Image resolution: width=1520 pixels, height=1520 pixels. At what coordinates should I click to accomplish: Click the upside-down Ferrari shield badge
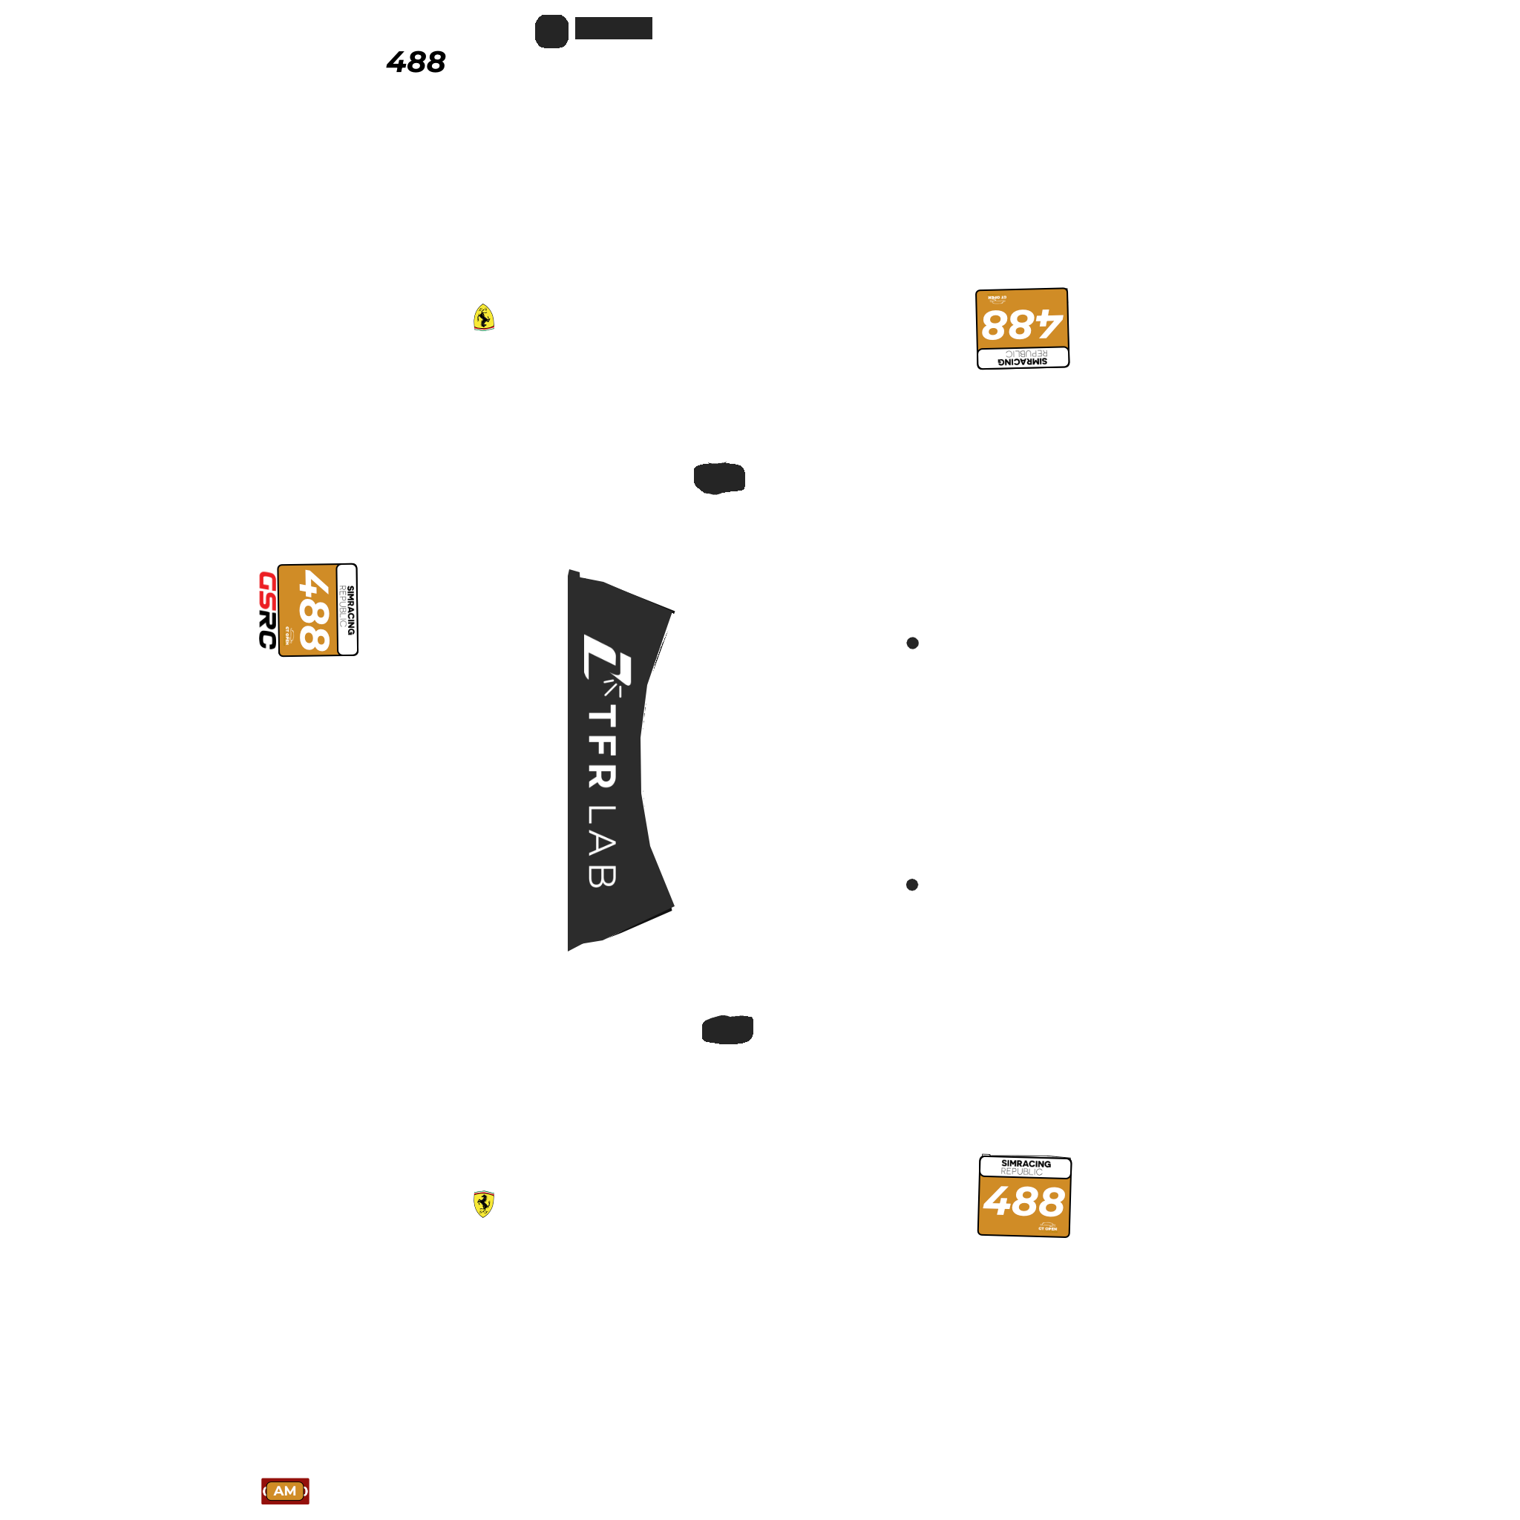point(484,317)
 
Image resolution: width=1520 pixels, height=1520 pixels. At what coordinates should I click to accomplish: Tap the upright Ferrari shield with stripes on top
point(484,1204)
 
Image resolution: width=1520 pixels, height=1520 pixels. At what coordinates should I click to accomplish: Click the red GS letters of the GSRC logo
point(267,590)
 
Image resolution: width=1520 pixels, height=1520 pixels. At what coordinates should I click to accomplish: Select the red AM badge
point(285,1491)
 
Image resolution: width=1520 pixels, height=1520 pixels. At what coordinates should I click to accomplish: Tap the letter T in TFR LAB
point(602,716)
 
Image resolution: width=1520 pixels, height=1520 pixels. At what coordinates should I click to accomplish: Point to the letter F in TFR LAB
point(602,748)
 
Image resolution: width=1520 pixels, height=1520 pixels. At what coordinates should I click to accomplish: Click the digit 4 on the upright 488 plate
point(998,1202)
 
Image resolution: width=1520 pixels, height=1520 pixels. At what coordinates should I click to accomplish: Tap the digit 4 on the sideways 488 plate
point(315,586)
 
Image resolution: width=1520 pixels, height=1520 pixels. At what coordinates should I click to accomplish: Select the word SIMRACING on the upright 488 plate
point(1026,1164)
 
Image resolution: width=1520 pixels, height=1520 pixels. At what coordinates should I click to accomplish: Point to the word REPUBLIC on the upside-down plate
point(1026,354)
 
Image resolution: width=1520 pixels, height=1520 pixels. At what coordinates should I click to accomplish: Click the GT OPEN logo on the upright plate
point(1047,1227)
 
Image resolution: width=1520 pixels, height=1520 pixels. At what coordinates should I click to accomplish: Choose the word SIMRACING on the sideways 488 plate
point(351,610)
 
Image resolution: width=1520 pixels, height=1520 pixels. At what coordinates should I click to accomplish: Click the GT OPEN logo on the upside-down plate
point(997,299)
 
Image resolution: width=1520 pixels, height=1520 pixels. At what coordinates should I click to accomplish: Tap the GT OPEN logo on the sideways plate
point(288,635)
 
